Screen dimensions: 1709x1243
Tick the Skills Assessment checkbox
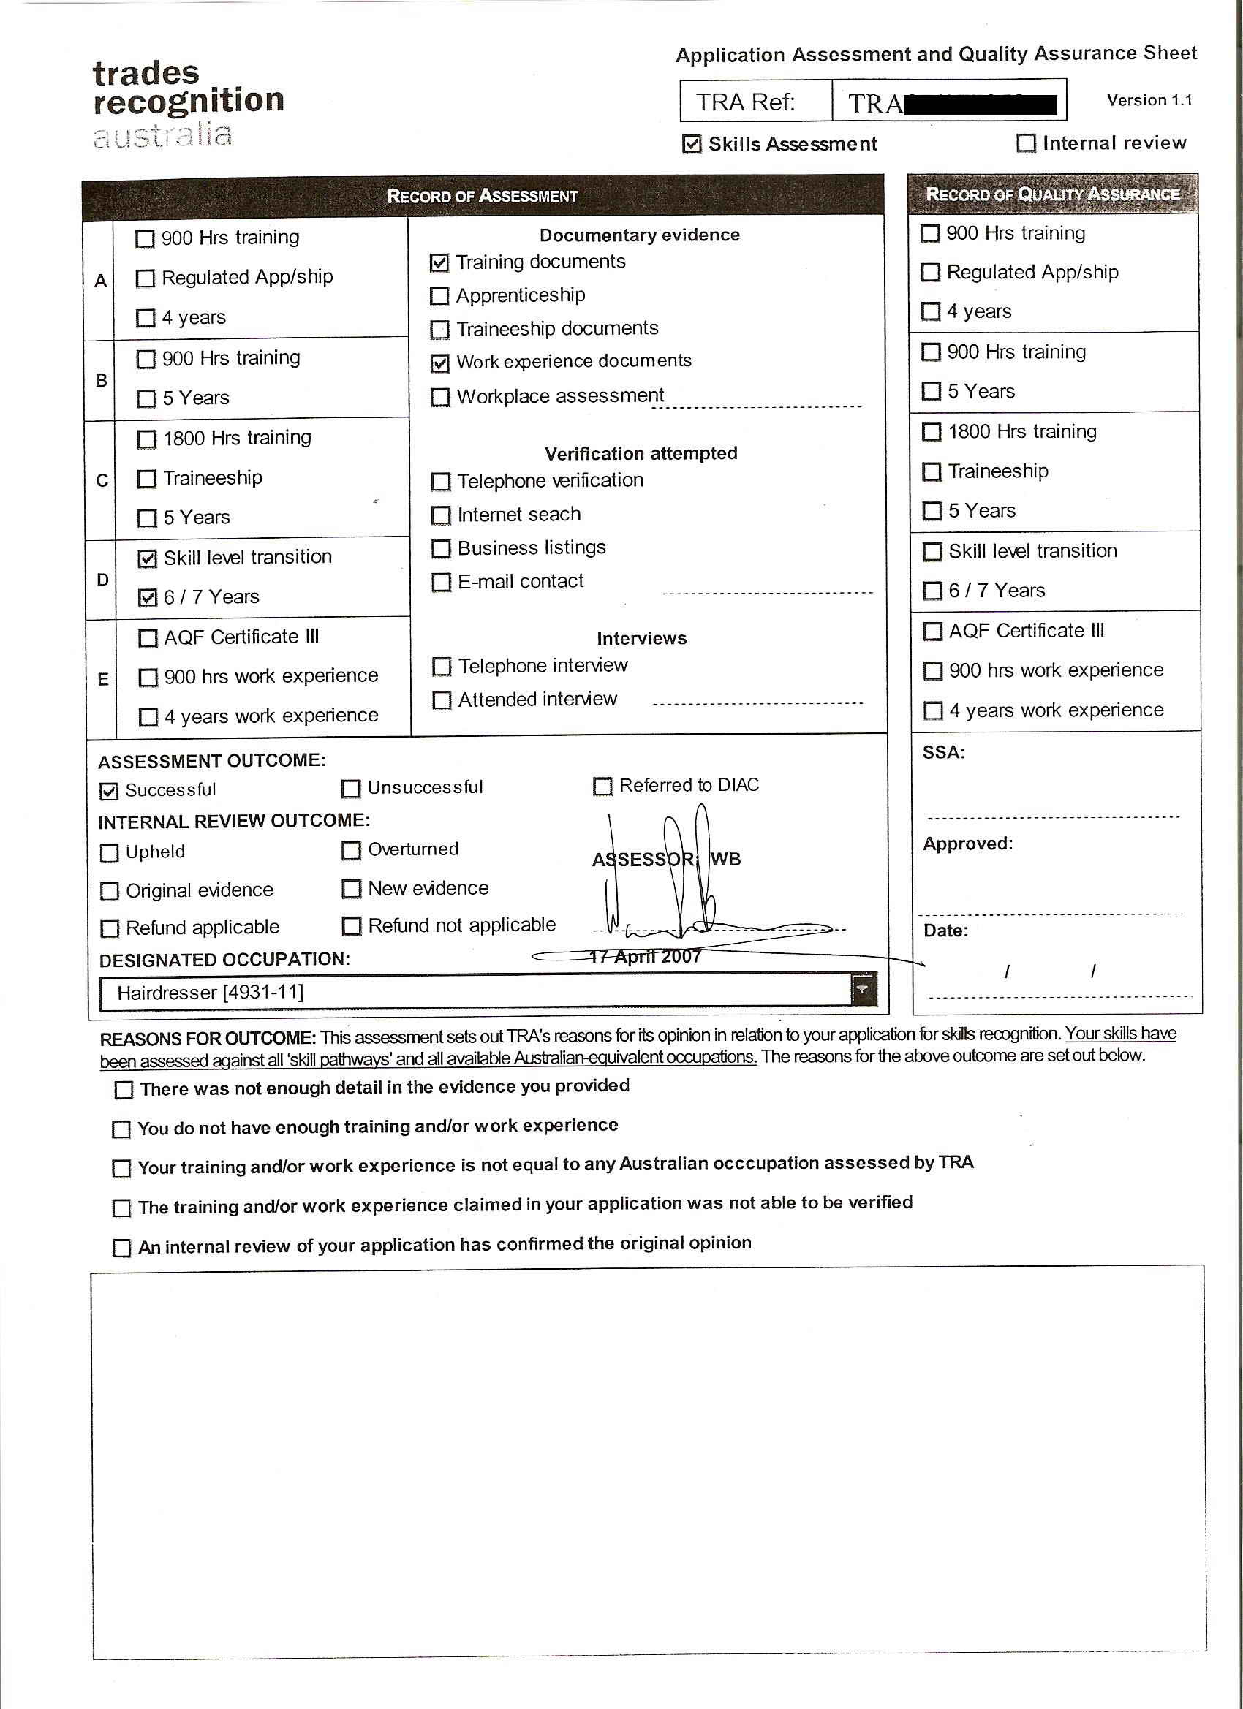pyautogui.click(x=691, y=144)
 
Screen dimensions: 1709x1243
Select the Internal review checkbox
pyautogui.click(x=1026, y=143)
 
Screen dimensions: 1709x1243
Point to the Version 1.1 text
pyautogui.click(x=1149, y=100)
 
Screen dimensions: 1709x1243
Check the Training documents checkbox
pyautogui.click(x=439, y=263)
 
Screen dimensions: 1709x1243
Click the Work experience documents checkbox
pyautogui.click(x=440, y=363)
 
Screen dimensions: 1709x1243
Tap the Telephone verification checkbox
pyautogui.click(x=441, y=482)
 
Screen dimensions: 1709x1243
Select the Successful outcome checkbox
pyautogui.click(x=109, y=791)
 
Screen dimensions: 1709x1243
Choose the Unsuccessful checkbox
pyautogui.click(x=350, y=789)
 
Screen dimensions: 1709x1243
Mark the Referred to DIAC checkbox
pyautogui.click(x=602, y=787)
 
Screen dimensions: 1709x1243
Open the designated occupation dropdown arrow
pyautogui.click(x=863, y=990)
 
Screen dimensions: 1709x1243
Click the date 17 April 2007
pyautogui.click(x=645, y=957)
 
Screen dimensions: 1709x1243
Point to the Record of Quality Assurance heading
pyautogui.click(x=1052, y=194)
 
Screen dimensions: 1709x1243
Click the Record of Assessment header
pyautogui.click(x=483, y=197)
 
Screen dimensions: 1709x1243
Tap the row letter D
pyautogui.click(x=102, y=580)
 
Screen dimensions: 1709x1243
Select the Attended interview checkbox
pyautogui.click(x=442, y=701)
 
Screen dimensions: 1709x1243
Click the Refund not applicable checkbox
pyautogui.click(x=351, y=926)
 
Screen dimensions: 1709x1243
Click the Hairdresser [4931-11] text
pyautogui.click(x=211, y=993)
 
